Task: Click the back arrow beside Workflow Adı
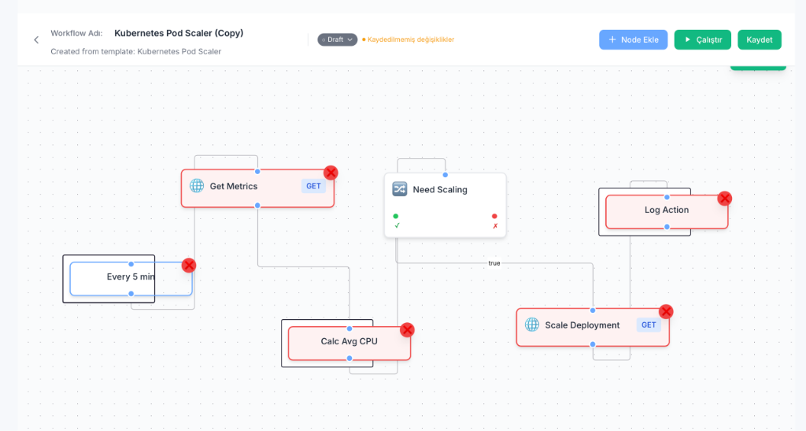(x=36, y=39)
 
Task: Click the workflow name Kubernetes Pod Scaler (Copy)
(x=179, y=33)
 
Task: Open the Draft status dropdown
(x=337, y=39)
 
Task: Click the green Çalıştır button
(x=702, y=39)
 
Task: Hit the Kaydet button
(x=759, y=39)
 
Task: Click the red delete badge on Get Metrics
(x=331, y=173)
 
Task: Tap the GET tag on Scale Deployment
(x=649, y=325)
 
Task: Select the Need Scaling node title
(x=439, y=190)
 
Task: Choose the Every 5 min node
(x=131, y=277)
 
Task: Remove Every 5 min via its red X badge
(x=189, y=265)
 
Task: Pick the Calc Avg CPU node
(x=349, y=342)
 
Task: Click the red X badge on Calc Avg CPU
(x=407, y=329)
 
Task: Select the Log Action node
(x=666, y=210)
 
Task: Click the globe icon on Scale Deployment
(x=532, y=325)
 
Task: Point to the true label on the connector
(x=494, y=263)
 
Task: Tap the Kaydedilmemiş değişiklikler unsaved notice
(x=410, y=39)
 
